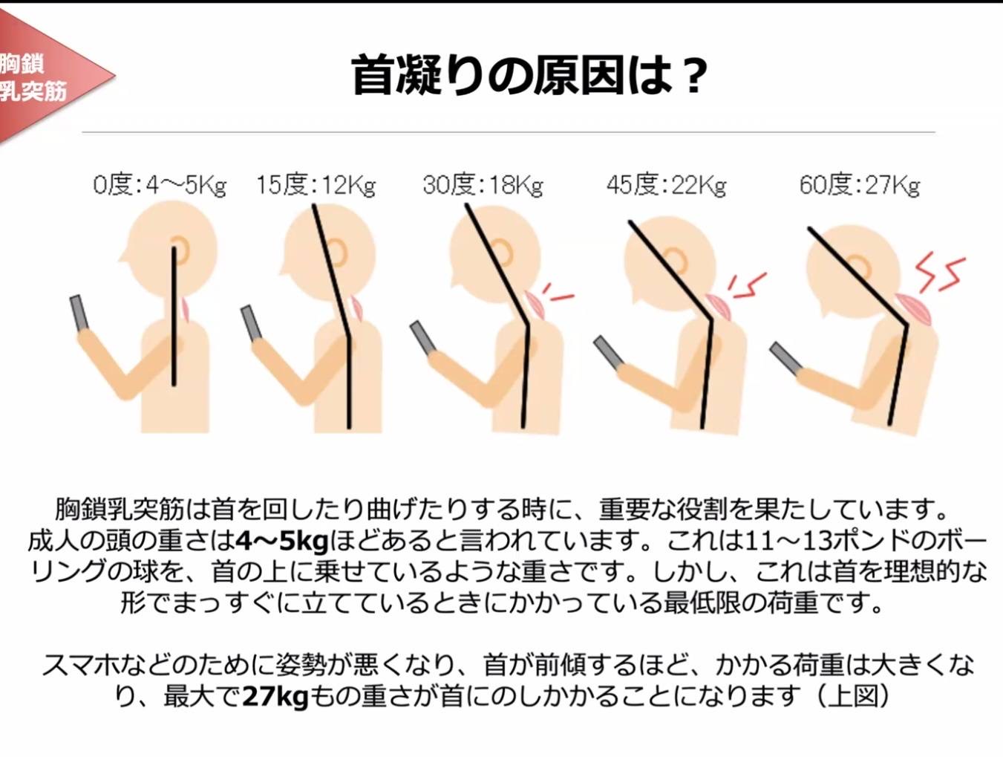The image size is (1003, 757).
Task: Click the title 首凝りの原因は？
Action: tap(529, 76)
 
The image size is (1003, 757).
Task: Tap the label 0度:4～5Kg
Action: tap(160, 186)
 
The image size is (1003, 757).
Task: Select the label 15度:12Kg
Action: tap(316, 186)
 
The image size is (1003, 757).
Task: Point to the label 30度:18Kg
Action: tap(483, 186)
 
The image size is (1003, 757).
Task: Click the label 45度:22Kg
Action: tap(666, 186)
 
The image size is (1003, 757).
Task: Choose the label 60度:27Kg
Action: tap(860, 186)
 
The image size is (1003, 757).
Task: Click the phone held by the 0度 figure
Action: tap(79, 312)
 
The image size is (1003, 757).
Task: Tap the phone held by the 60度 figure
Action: tap(786, 357)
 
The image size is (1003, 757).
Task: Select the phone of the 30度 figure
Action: tap(424, 338)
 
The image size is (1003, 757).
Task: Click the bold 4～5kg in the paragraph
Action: tap(281, 542)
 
